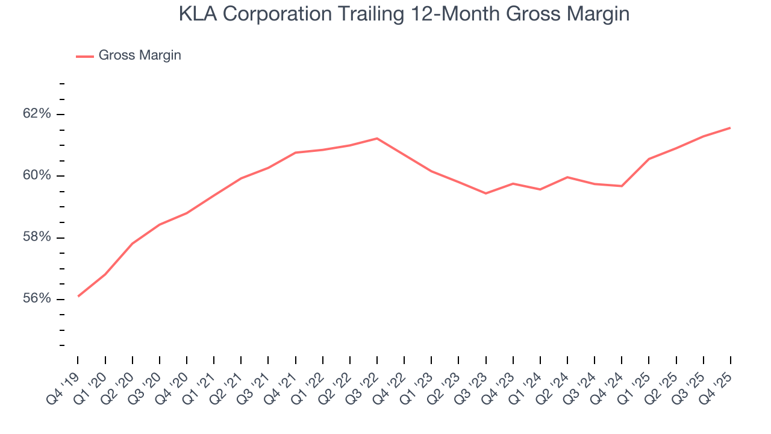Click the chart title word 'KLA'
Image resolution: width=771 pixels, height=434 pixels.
[x=198, y=14]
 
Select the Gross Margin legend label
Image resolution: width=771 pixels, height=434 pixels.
[x=140, y=55]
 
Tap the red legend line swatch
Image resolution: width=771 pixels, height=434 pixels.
[x=85, y=56]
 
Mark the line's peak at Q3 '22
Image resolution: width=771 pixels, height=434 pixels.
[x=377, y=139]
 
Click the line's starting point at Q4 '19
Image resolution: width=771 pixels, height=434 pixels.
[x=78, y=296]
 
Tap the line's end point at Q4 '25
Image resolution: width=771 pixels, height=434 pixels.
[x=730, y=128]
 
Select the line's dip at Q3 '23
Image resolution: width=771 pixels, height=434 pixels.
[x=485, y=193]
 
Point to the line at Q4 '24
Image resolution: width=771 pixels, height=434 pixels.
[x=622, y=186]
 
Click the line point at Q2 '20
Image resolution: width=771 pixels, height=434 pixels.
[x=133, y=244]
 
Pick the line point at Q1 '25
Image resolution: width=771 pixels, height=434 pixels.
[x=649, y=159]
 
